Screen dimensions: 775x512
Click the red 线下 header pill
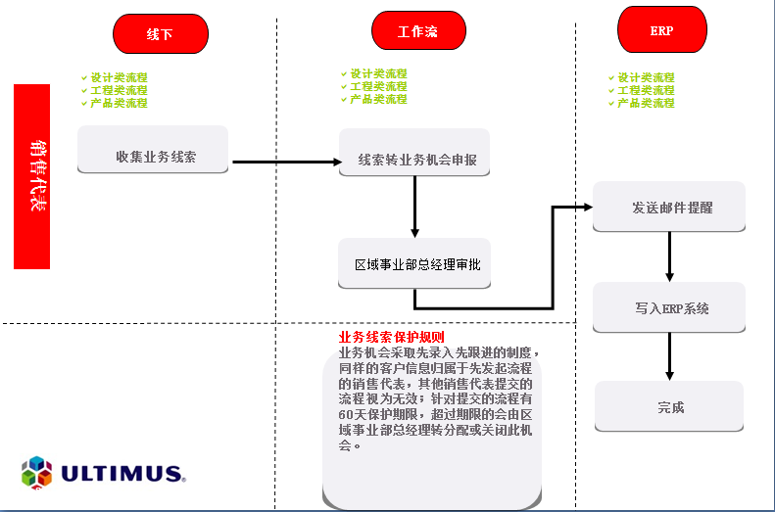(161, 33)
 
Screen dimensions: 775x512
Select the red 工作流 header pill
(418, 30)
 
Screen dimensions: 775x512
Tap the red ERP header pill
(662, 29)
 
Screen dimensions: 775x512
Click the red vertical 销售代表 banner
(31, 176)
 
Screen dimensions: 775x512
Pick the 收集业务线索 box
(153, 150)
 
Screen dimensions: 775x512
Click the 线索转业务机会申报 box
(414, 153)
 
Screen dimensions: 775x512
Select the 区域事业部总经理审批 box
(414, 263)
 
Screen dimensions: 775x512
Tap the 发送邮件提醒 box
(669, 207)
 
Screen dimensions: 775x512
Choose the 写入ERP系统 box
(669, 307)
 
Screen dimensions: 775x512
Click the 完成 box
(669, 407)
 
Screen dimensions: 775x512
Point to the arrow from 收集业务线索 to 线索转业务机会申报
(287, 162)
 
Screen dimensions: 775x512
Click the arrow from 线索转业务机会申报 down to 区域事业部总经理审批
(414, 207)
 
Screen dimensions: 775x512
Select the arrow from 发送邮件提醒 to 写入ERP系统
(670, 256)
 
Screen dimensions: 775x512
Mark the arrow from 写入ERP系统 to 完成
(670, 356)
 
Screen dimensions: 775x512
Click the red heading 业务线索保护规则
(392, 337)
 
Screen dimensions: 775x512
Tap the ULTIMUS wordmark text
(123, 474)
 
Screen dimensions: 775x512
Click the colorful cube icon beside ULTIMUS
(36, 473)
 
